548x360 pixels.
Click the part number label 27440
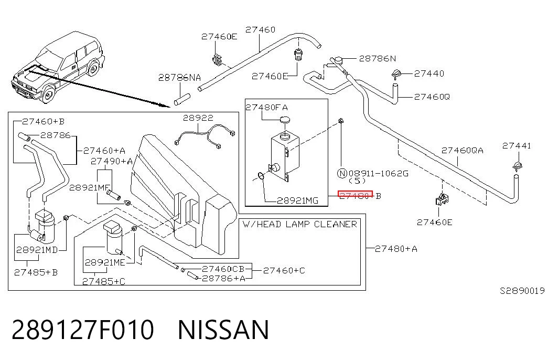pyautogui.click(x=429, y=73)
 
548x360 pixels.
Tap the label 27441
pyautogui.click(x=517, y=145)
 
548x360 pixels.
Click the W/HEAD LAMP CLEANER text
pyautogui.click(x=300, y=224)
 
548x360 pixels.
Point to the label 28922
pyautogui.click(x=198, y=118)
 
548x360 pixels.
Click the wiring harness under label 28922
pyautogui.click(x=205, y=136)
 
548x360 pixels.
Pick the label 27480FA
pyautogui.click(x=267, y=107)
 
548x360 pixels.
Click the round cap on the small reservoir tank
pyautogui.click(x=285, y=120)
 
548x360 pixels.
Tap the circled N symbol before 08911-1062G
pyautogui.click(x=342, y=173)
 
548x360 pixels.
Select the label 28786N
pyautogui.click(x=378, y=58)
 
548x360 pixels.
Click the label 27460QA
pyautogui.click(x=462, y=151)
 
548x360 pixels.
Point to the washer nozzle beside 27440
pyautogui.click(x=396, y=75)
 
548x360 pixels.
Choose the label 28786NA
pyautogui.click(x=180, y=77)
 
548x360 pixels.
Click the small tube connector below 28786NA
pyautogui.click(x=181, y=99)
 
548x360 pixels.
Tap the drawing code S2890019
pyautogui.click(x=522, y=291)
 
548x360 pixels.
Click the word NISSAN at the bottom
pyautogui.click(x=224, y=330)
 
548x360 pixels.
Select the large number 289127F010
pyautogui.click(x=83, y=330)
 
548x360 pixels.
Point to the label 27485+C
pyautogui.click(x=104, y=281)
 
